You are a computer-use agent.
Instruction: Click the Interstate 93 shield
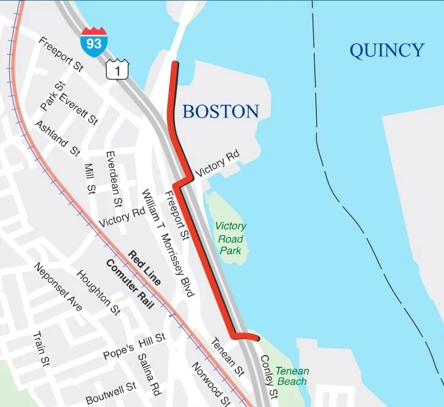[x=92, y=42]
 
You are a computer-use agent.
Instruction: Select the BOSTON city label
[x=220, y=111]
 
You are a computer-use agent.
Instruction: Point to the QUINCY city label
[x=387, y=50]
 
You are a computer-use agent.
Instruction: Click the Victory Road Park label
[x=231, y=238]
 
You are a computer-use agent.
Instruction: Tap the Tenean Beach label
[x=292, y=376]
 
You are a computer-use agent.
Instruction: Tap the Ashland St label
[x=57, y=138]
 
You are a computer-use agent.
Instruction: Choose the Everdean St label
[x=114, y=177]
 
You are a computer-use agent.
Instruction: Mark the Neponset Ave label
[x=58, y=287]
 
